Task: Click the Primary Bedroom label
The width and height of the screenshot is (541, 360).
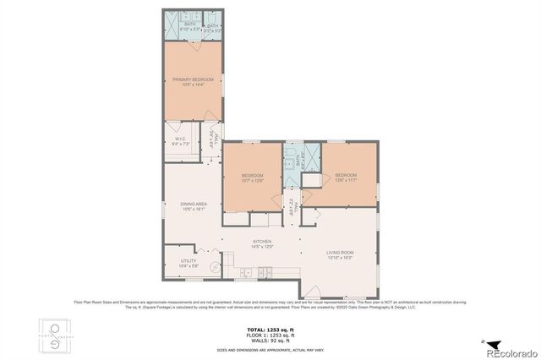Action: pos(193,82)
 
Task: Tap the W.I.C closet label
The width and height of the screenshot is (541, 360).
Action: pos(180,141)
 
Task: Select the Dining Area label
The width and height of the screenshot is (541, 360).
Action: pos(194,206)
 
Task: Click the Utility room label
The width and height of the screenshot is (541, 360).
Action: pos(189,264)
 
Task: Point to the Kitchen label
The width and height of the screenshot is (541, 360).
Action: pos(262,243)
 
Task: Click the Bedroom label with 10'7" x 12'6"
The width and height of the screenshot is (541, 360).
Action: pos(253,177)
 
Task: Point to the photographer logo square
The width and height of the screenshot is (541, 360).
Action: pos(56,336)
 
